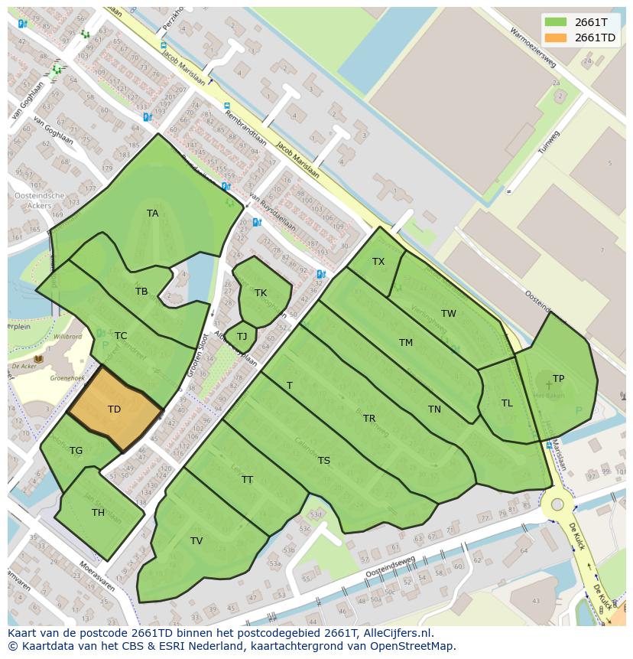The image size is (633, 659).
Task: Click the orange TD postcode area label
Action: [114, 409]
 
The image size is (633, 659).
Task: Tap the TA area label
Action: [153, 214]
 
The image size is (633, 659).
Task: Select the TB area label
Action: [141, 292]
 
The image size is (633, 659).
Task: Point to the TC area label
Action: [121, 336]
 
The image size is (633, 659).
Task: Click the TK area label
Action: [261, 293]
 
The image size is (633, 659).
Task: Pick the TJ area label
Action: [242, 337]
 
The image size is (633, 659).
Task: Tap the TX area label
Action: [378, 262]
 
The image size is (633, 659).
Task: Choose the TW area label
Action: [449, 314]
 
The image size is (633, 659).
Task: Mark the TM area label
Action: [406, 343]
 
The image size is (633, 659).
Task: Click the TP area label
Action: [559, 379]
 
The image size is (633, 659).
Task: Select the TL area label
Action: [507, 403]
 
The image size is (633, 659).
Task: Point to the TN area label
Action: [434, 409]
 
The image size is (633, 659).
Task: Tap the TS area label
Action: [324, 461]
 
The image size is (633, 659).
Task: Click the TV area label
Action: [196, 541]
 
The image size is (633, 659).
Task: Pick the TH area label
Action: [98, 513]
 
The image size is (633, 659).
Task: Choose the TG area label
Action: [76, 451]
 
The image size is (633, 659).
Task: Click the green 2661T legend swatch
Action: [556, 21]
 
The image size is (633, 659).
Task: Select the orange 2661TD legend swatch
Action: [556, 38]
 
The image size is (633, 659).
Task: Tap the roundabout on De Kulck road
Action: [557, 504]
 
